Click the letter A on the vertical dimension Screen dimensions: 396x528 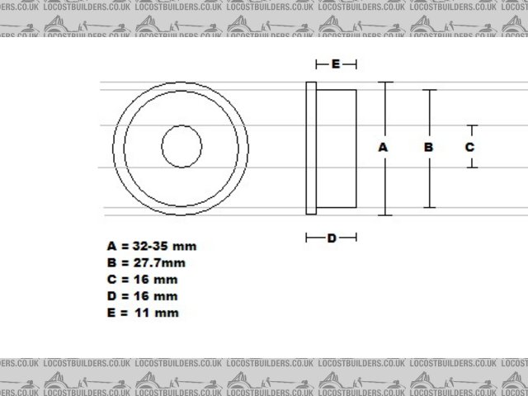(x=383, y=147)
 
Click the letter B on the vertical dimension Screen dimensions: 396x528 (x=428, y=147)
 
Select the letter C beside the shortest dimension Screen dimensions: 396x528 (x=469, y=147)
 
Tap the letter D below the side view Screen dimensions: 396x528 (x=332, y=238)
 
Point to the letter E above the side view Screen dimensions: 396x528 (x=336, y=64)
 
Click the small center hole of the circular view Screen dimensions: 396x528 (x=181, y=147)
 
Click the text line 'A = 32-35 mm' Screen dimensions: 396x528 (x=152, y=246)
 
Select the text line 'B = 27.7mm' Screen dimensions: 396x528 (x=146, y=262)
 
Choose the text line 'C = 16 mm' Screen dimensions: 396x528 (x=142, y=279)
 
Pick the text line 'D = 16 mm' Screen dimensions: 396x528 (x=142, y=295)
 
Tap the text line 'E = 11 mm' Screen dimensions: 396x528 (x=142, y=313)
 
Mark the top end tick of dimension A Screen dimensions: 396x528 (x=384, y=82)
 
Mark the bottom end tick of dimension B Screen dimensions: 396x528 (x=429, y=207)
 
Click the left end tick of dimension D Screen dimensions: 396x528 (x=307, y=238)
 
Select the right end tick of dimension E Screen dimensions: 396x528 (x=356, y=64)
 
